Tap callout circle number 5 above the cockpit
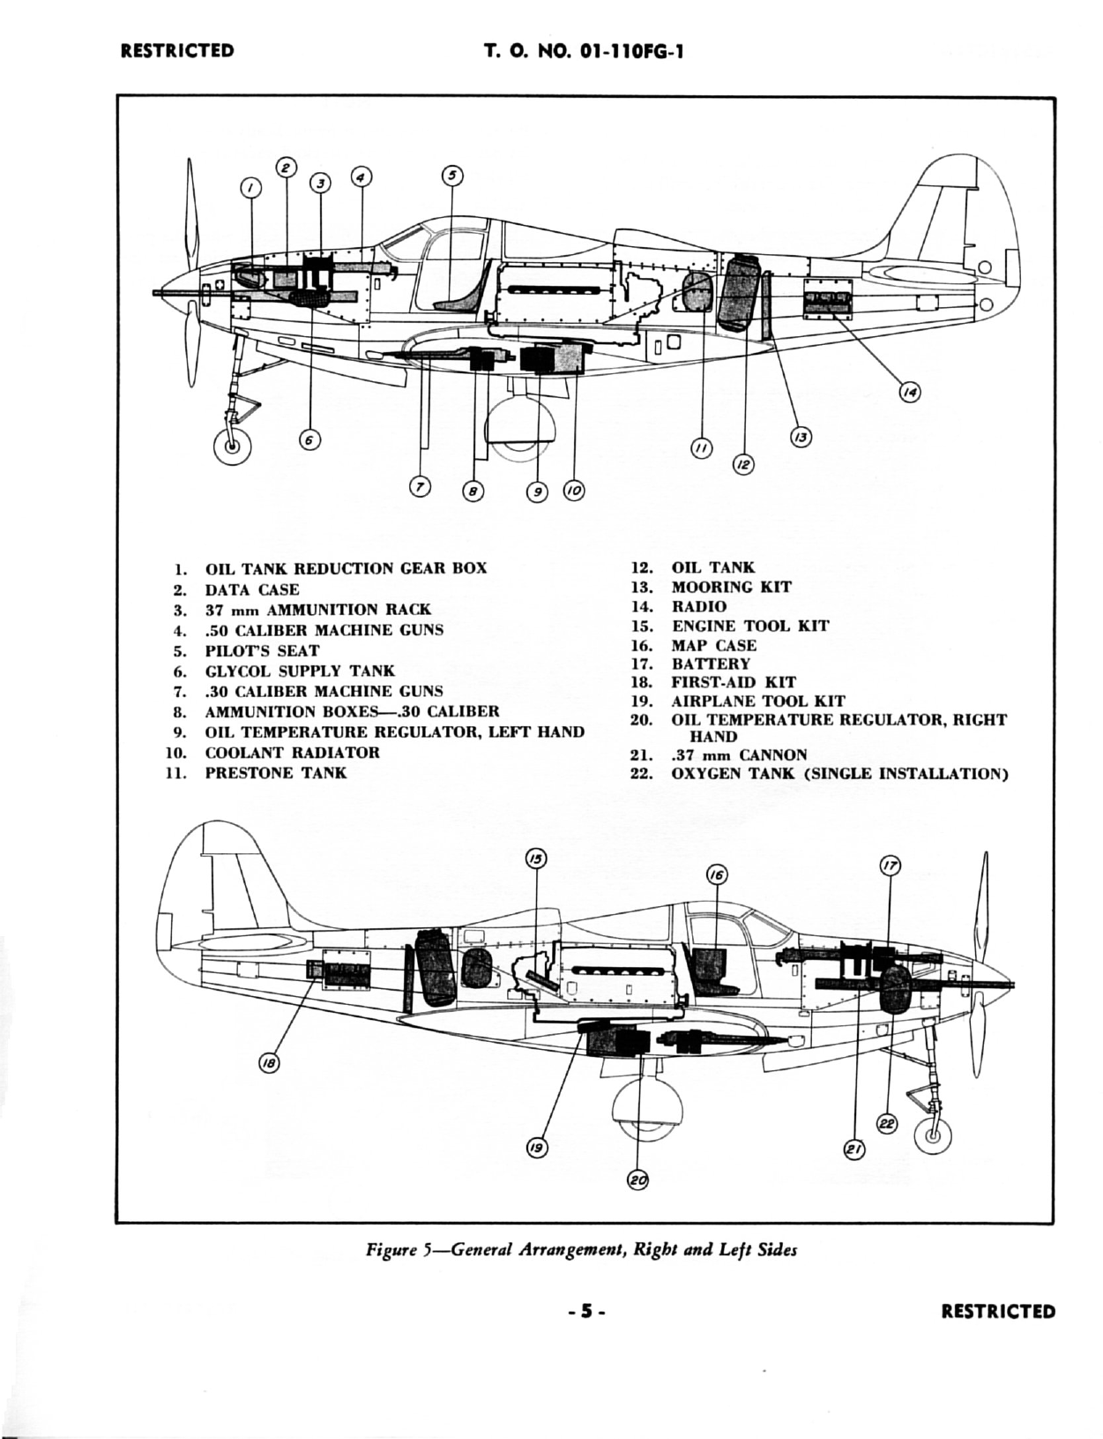point(451,176)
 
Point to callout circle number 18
point(268,1064)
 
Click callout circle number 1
point(250,188)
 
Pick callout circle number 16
point(717,874)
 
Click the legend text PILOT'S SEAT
point(262,650)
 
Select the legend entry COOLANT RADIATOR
point(292,753)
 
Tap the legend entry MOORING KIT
point(731,587)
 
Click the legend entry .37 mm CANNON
point(739,754)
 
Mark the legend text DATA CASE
point(251,589)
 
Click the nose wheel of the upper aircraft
point(232,446)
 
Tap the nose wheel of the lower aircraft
point(932,1135)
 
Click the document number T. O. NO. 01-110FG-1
point(584,50)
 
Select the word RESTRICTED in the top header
point(177,50)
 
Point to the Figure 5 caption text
point(582,1250)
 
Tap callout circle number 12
point(743,463)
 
